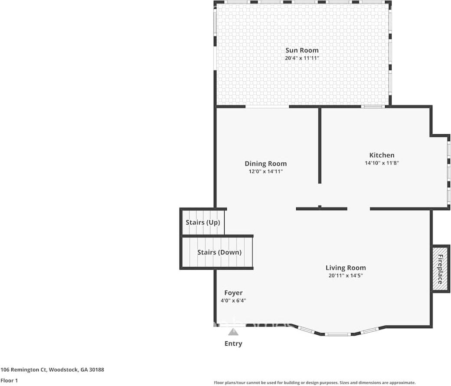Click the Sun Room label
pyautogui.click(x=302, y=50)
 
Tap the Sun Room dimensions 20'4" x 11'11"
pyautogui.click(x=302, y=58)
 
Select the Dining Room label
pyautogui.click(x=266, y=164)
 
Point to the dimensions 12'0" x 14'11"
pyautogui.click(x=266, y=172)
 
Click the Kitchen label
pyautogui.click(x=382, y=155)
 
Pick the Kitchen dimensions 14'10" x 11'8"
pyautogui.click(x=382, y=163)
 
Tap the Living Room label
pyautogui.click(x=346, y=267)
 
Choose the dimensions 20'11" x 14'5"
pyautogui.click(x=346, y=276)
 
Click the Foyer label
pyautogui.click(x=233, y=293)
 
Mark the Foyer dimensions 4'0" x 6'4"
pyautogui.click(x=233, y=301)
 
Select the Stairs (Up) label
pyautogui.click(x=203, y=222)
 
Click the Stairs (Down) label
pyautogui.click(x=219, y=252)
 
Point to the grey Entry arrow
pyautogui.click(x=233, y=332)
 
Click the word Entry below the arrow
pyautogui.click(x=233, y=343)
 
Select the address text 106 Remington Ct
pyautogui.click(x=23, y=370)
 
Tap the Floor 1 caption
pyautogui.click(x=9, y=380)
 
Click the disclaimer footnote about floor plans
pyautogui.click(x=315, y=383)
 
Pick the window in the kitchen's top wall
pyautogui.click(x=373, y=106)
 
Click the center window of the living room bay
pyautogui.click(x=338, y=334)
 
